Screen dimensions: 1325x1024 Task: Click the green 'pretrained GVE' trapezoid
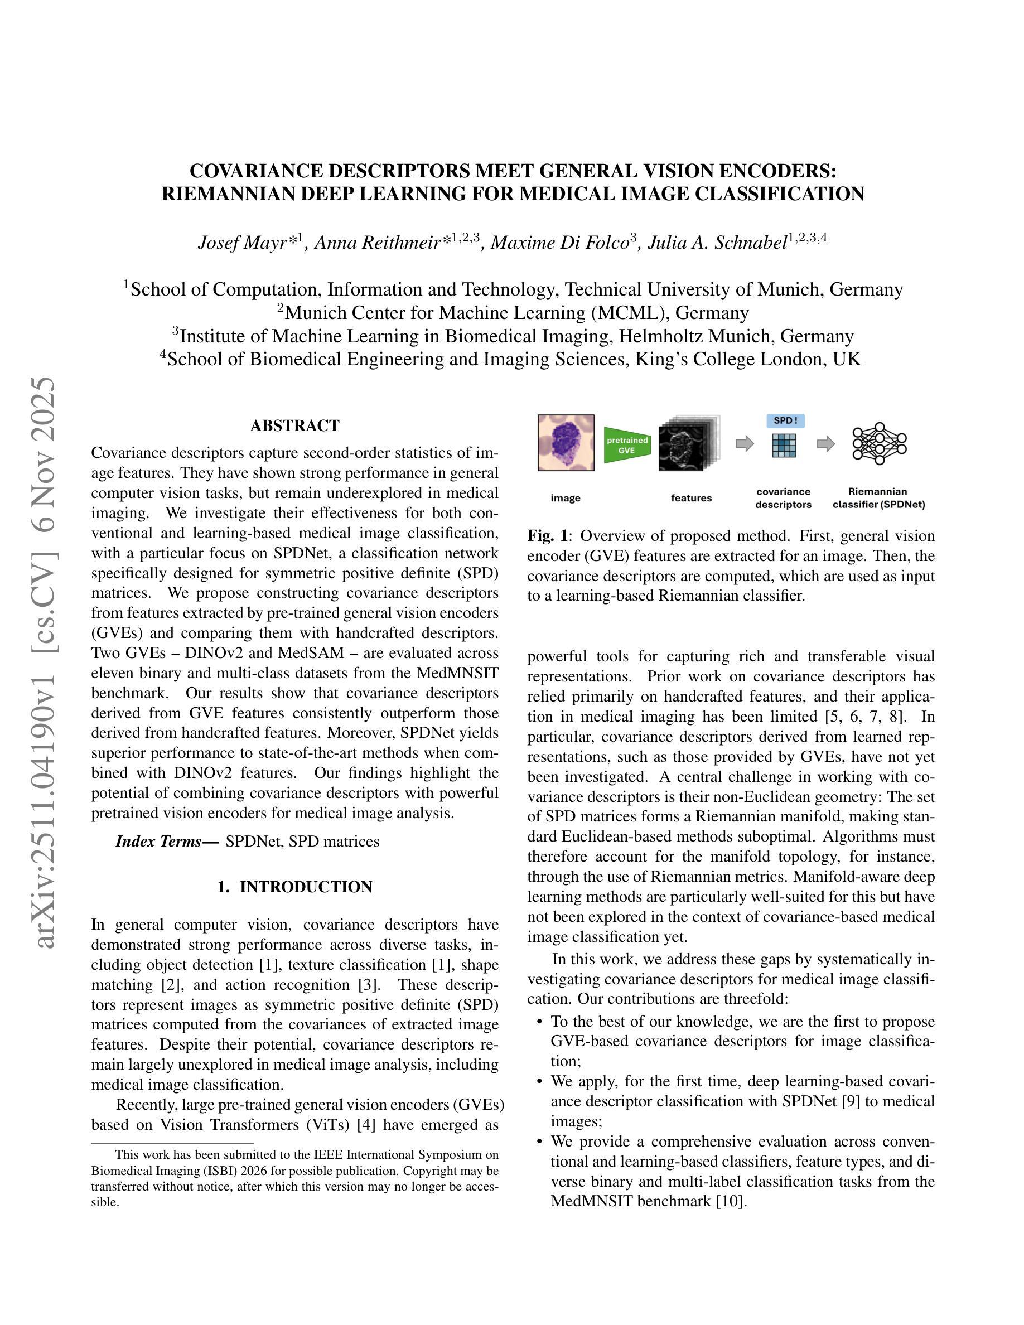click(x=627, y=444)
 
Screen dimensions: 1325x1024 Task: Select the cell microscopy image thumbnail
click(x=566, y=442)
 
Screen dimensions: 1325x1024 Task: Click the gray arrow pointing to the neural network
click(x=825, y=444)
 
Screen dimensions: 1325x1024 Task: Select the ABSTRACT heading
click(x=295, y=425)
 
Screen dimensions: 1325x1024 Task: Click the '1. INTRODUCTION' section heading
click(x=295, y=887)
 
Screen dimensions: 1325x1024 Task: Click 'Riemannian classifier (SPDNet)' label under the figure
click(x=878, y=498)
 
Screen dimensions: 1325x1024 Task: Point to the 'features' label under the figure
click(x=690, y=498)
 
